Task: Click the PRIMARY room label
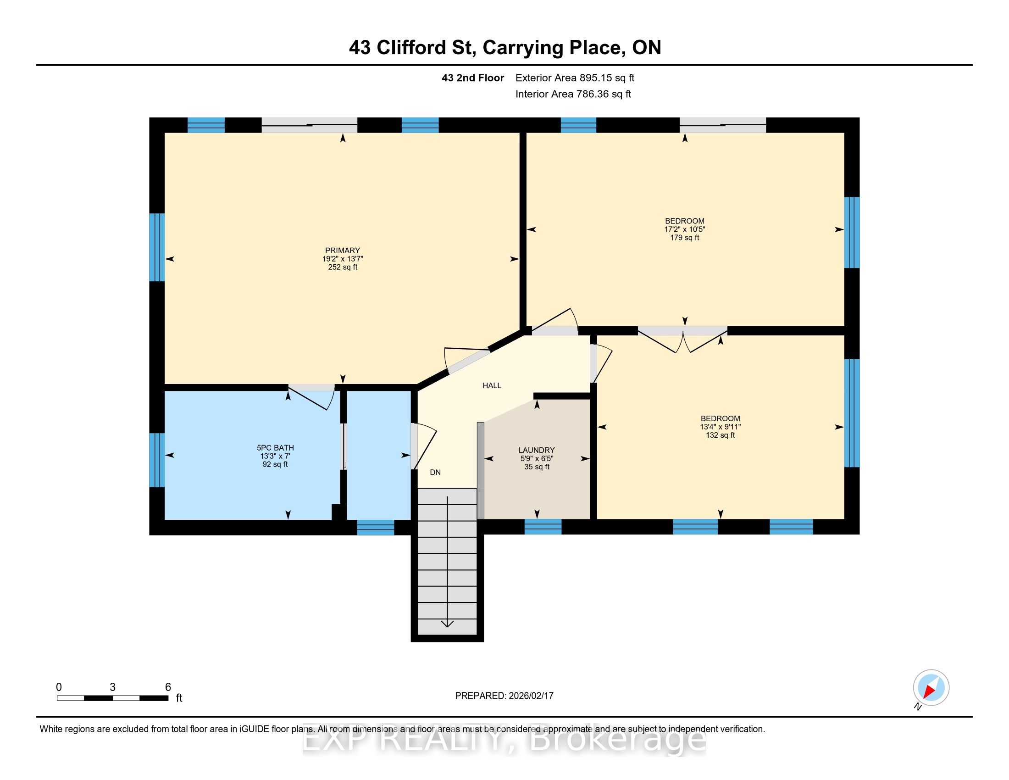[x=342, y=251]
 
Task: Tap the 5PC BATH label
[x=275, y=448]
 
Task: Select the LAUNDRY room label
[x=537, y=450]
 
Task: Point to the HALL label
[x=492, y=385]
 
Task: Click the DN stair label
[x=435, y=472]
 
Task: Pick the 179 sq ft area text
[x=685, y=238]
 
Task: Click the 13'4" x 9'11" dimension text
[x=720, y=427]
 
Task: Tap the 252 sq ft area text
[x=342, y=267]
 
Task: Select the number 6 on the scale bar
[x=168, y=687]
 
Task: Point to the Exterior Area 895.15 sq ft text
[x=575, y=78]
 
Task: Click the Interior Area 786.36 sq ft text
[x=573, y=94]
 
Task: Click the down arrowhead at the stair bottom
[x=447, y=624]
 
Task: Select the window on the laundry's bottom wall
[x=543, y=527]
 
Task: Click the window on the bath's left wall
[x=157, y=460]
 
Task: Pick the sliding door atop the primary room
[x=310, y=125]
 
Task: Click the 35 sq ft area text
[x=537, y=467]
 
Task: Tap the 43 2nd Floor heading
[x=472, y=78]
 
